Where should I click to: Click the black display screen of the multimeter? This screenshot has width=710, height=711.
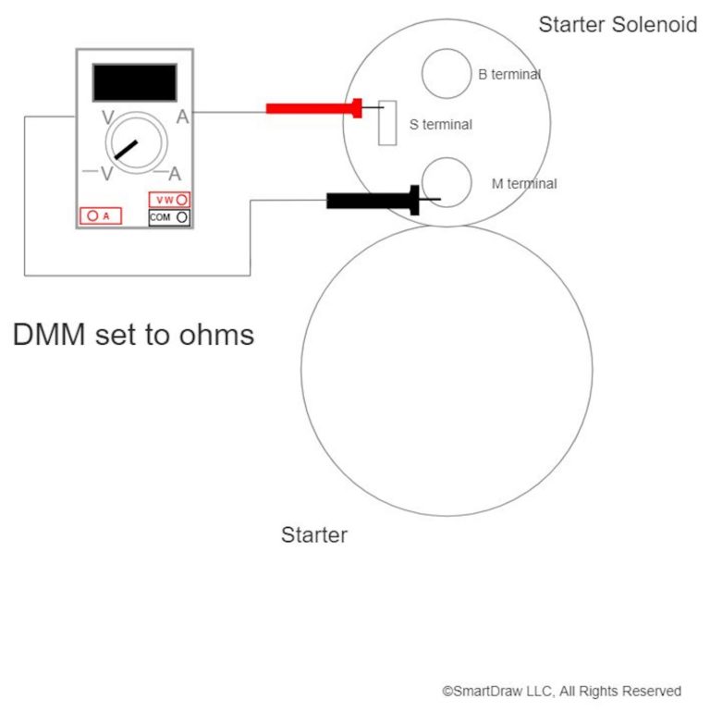click(134, 82)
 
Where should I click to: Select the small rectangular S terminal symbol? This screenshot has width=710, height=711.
click(387, 123)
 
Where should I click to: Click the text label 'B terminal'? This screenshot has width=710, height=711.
click(509, 75)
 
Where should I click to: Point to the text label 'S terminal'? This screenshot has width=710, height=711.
click(440, 125)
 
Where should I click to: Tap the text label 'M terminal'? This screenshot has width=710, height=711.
click(524, 184)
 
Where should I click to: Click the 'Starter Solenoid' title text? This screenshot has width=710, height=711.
click(618, 25)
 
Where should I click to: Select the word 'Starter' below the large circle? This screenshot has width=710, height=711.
click(314, 535)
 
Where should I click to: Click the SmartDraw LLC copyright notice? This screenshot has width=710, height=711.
click(561, 691)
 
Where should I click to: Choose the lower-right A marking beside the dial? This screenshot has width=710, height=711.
click(175, 175)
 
